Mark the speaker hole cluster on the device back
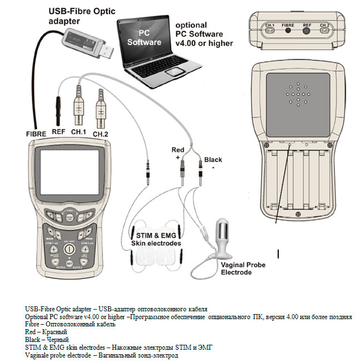click(300, 95)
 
